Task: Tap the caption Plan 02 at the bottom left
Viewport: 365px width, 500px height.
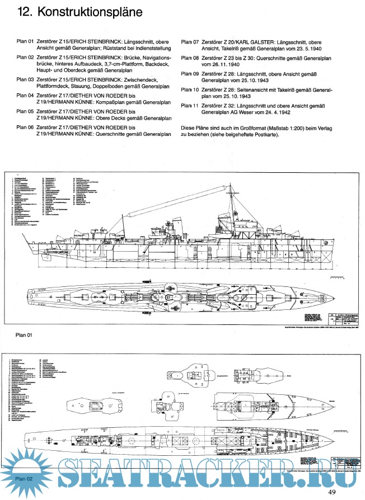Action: point(24,478)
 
